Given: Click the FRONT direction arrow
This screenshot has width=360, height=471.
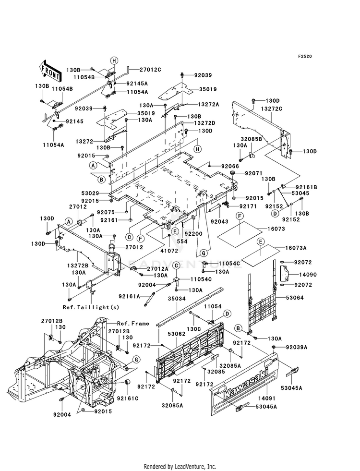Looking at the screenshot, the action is pyautogui.click(x=50, y=71).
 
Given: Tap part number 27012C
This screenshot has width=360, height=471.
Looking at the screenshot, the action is pyautogui.click(x=150, y=70).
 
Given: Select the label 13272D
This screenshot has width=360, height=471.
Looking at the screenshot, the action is pyautogui.click(x=204, y=123).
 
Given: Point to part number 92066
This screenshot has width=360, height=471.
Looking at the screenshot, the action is pyautogui.click(x=230, y=166).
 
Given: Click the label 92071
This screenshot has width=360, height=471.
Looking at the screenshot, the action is pyautogui.click(x=254, y=173).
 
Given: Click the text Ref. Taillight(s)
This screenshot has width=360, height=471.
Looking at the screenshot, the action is pyautogui.click(x=91, y=307).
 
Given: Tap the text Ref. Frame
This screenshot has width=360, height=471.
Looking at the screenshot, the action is pyautogui.click(x=133, y=324).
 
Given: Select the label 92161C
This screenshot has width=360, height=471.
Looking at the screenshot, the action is pyautogui.click(x=128, y=399).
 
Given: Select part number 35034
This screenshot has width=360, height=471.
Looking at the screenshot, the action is pyautogui.click(x=177, y=299).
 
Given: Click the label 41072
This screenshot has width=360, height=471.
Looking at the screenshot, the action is pyautogui.click(x=169, y=251).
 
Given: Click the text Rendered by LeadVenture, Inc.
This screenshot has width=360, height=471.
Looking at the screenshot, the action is pyautogui.click(x=180, y=466).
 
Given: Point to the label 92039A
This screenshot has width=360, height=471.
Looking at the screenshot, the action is pyautogui.click(x=297, y=347).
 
